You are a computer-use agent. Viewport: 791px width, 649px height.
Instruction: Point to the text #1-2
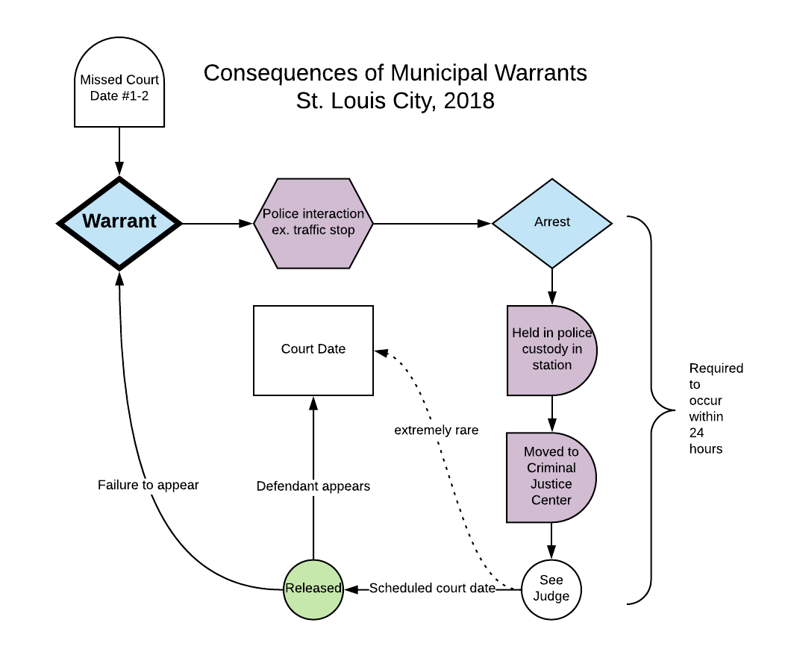(x=135, y=96)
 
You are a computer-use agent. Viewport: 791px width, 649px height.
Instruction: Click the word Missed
(x=101, y=80)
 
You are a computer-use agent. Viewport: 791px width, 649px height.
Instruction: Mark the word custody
(x=544, y=349)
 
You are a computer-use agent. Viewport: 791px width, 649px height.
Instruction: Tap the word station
(x=552, y=366)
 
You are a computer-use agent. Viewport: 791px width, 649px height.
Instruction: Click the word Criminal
(x=551, y=468)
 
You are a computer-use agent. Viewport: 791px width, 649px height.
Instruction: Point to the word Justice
(x=551, y=484)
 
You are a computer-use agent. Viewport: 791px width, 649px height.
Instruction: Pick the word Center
(x=551, y=501)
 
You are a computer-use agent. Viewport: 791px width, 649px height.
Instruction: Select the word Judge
(x=551, y=597)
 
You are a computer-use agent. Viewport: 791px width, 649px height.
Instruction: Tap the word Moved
(x=543, y=452)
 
